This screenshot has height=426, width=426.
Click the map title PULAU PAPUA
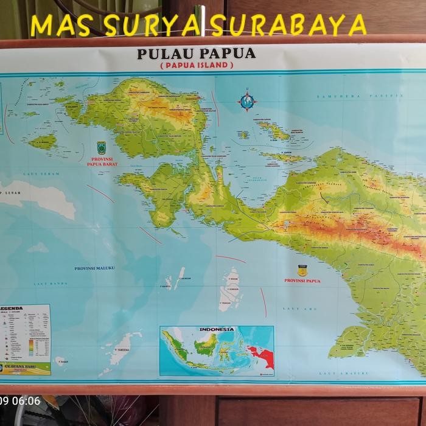pos(196,53)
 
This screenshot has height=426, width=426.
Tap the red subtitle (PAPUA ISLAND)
pos(197,65)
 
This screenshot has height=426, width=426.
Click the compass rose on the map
pos(247,100)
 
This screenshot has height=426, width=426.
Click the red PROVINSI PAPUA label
pos(302,281)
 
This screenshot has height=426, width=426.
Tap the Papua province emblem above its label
pos(302,270)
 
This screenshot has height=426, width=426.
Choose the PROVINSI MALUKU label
pos(94,268)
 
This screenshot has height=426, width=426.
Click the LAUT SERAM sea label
pos(35,174)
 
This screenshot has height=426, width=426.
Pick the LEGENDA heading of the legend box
pos(12,308)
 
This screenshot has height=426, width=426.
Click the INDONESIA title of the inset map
pos(216,329)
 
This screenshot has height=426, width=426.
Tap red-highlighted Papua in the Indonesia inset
pos(260,355)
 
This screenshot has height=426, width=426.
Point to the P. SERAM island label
pos(9,193)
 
